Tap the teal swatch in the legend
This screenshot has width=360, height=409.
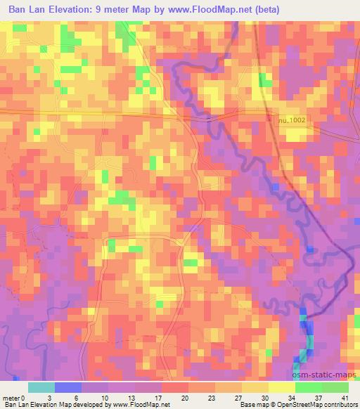[x=41, y=387]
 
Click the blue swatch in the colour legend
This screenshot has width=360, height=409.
[x=68, y=387]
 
